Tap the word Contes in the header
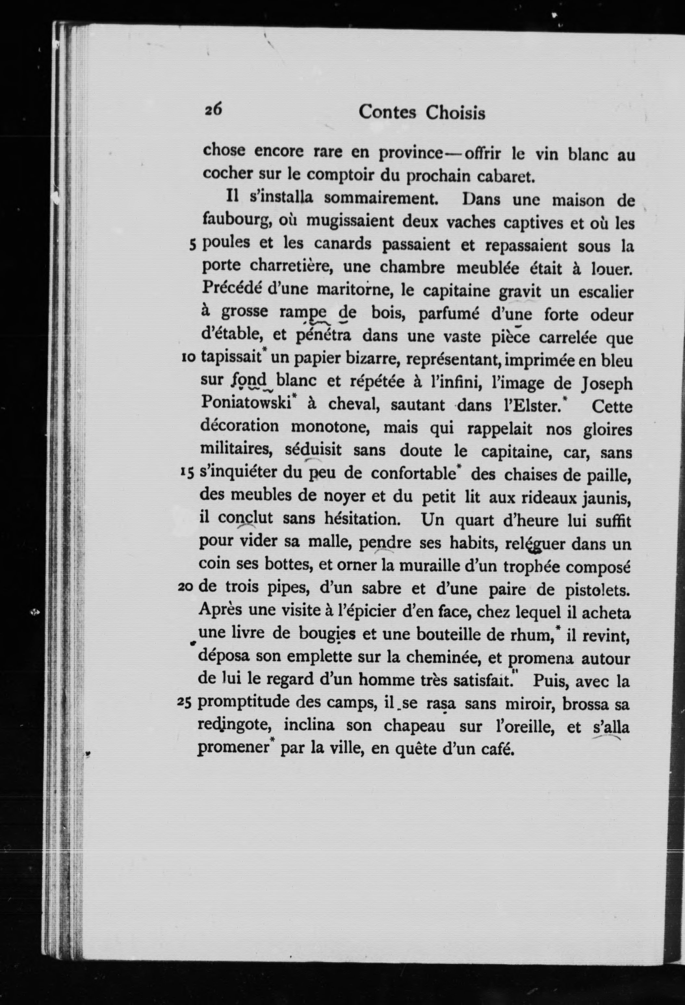pos(387,112)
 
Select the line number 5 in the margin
pos(193,245)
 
